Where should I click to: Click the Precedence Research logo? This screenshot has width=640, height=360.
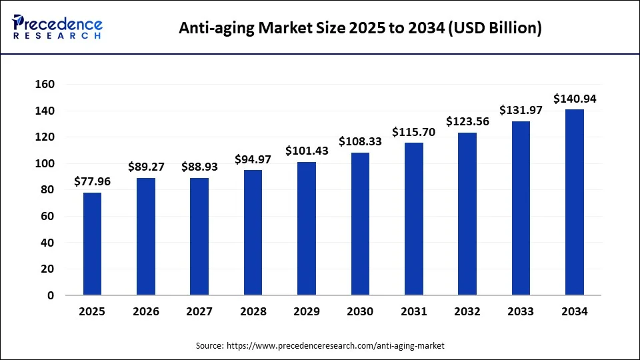click(57, 27)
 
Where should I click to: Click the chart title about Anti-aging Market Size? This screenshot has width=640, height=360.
click(361, 28)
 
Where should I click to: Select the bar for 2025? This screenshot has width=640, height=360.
click(92, 243)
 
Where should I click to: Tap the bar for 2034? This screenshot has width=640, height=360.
click(575, 202)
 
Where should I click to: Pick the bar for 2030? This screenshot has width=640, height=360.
click(360, 223)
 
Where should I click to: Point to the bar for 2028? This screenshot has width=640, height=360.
click(253, 232)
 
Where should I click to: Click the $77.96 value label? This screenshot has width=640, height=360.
click(92, 181)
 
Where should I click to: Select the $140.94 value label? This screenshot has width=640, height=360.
click(575, 99)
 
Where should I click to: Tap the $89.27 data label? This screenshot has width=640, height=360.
click(146, 166)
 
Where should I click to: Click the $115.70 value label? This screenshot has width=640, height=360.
click(413, 132)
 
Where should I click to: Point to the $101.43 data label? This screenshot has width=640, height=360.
click(307, 151)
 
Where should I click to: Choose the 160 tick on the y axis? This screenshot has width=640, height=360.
click(46, 85)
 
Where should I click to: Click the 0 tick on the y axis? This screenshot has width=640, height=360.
click(51, 295)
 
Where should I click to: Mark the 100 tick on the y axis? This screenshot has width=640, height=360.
click(46, 164)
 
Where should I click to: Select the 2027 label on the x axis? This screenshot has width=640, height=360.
click(199, 311)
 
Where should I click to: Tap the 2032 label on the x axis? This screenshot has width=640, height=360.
click(467, 311)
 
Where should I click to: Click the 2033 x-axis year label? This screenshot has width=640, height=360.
click(521, 311)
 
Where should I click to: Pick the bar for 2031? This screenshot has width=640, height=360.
click(413, 219)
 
